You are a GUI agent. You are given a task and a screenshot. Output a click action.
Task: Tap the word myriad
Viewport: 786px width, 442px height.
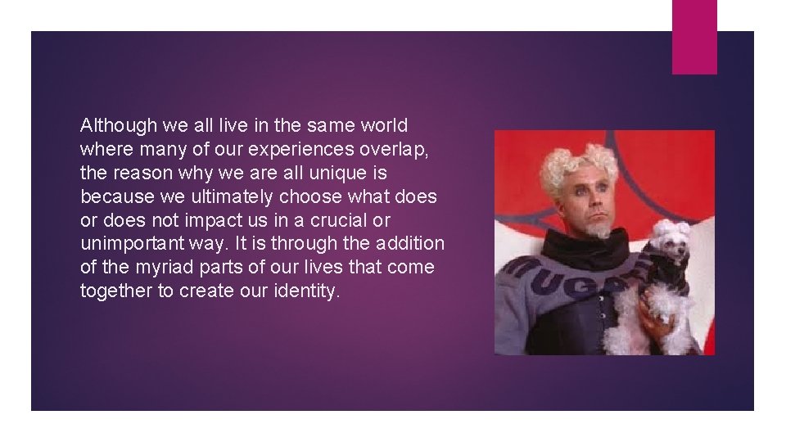pos(160,268)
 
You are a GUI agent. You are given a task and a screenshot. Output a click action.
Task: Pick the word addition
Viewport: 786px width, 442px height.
pos(410,245)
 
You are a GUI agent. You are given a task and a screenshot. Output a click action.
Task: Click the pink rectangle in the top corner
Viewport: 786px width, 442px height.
pos(694,37)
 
